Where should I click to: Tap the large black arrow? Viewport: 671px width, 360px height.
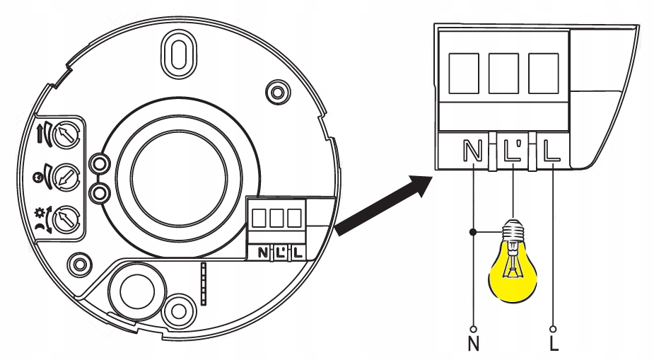[385, 206]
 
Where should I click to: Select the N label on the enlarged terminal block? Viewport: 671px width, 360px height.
[472, 151]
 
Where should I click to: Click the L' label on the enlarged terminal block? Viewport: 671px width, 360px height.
[512, 151]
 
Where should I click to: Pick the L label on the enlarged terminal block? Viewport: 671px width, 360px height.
[551, 151]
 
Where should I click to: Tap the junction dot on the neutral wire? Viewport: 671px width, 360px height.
[472, 232]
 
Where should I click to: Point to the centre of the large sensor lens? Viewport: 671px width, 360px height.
[179, 174]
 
